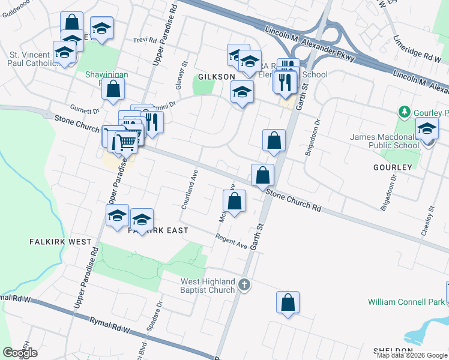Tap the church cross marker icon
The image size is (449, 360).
click(x=244, y=284)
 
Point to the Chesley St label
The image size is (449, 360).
click(x=430, y=221)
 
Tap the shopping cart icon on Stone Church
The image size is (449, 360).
click(x=127, y=142)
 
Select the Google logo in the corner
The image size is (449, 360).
click(x=20, y=353)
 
